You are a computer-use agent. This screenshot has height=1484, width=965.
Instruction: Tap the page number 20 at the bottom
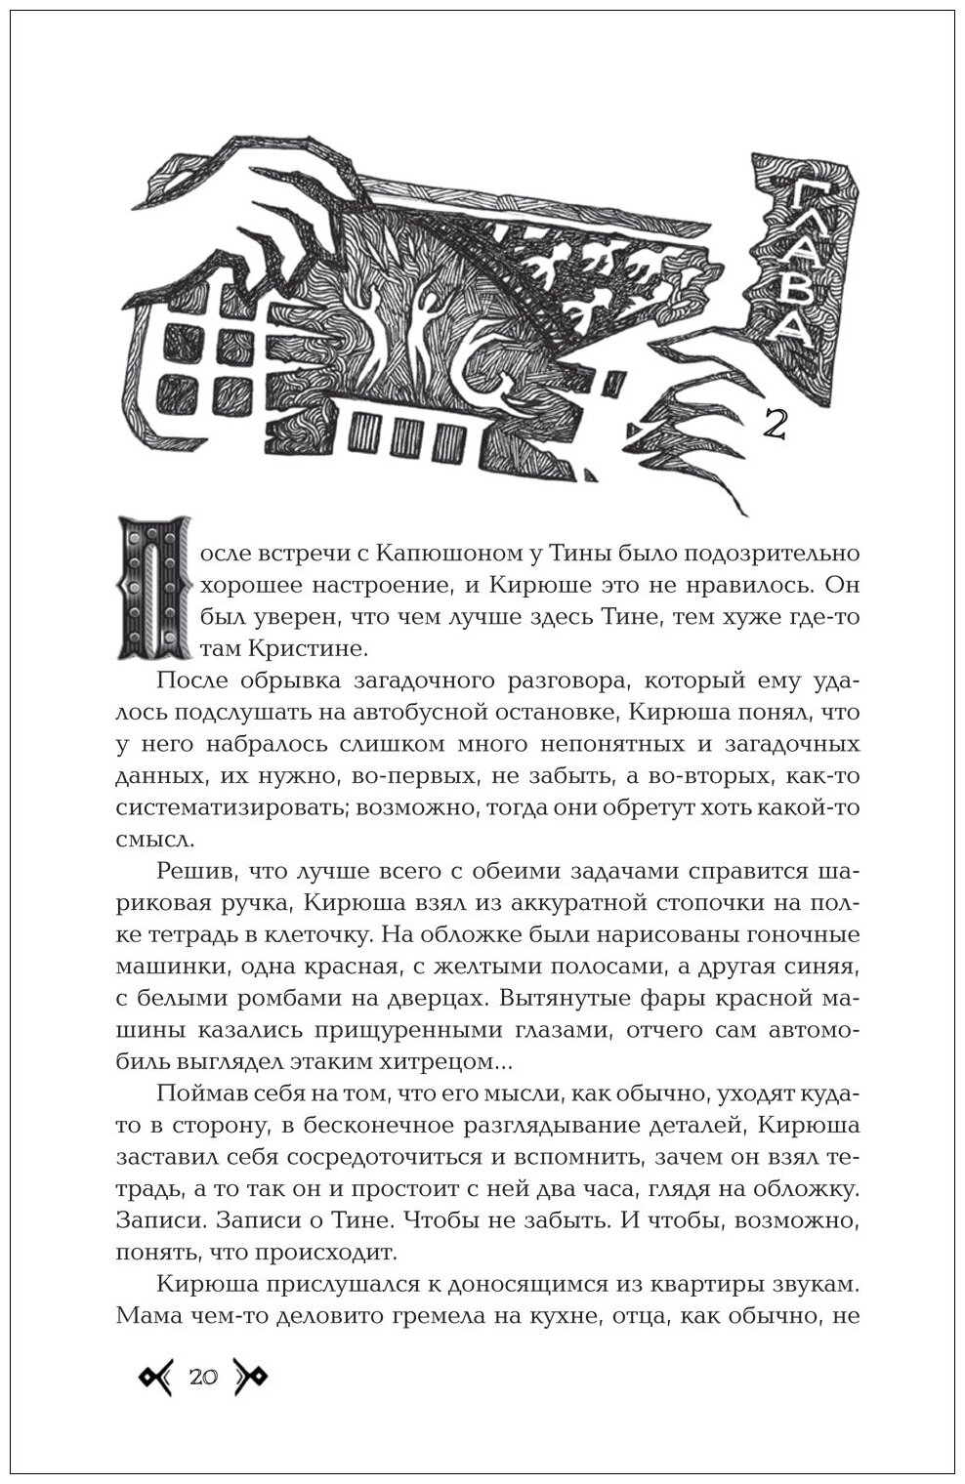pos(204,1378)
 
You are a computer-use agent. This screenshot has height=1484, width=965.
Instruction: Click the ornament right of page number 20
pos(250,1378)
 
